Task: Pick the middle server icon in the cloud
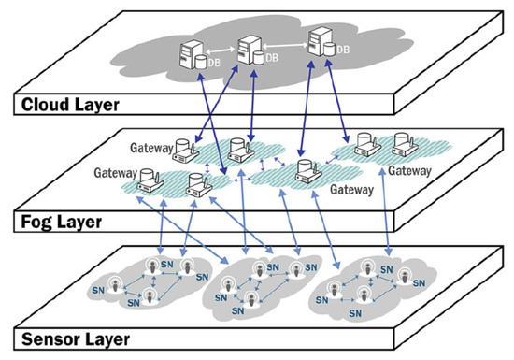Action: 248,46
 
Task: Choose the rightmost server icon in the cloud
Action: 319,40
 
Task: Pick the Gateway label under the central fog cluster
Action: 352,188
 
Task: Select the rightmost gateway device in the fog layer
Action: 404,143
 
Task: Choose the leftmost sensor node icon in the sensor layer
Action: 119,287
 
